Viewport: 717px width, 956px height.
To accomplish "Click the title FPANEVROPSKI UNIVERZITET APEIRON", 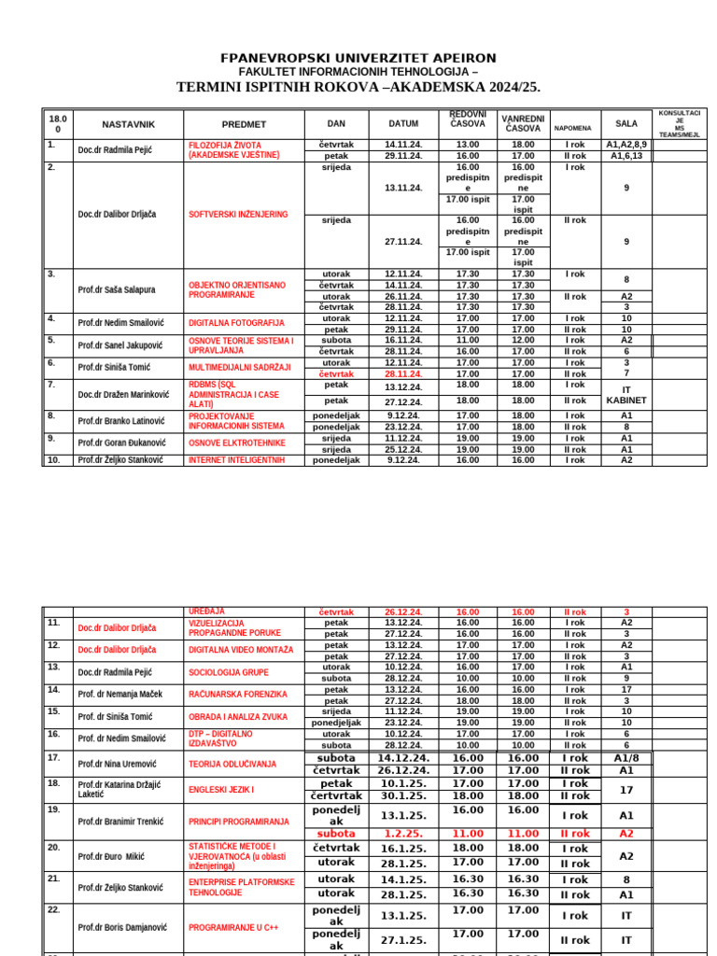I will (358, 58).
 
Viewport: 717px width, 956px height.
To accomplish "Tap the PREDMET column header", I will (244, 123).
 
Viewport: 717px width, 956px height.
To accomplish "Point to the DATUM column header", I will (403, 123).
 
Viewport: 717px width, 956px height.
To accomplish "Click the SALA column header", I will (626, 123).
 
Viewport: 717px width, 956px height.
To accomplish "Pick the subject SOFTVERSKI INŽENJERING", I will (238, 214).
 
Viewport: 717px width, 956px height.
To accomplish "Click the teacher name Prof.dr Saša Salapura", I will (117, 289).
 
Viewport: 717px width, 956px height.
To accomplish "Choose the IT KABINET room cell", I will (626, 393).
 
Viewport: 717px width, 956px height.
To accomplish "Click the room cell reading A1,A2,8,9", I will (626, 145).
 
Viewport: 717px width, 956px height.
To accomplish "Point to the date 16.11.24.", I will (403, 340).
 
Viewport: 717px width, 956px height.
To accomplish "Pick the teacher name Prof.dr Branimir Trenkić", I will (119, 822).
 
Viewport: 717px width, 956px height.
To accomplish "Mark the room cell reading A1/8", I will (626, 758).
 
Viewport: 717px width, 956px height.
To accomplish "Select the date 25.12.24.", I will (403, 449).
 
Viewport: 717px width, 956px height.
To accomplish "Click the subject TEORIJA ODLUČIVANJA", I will (232, 764).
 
